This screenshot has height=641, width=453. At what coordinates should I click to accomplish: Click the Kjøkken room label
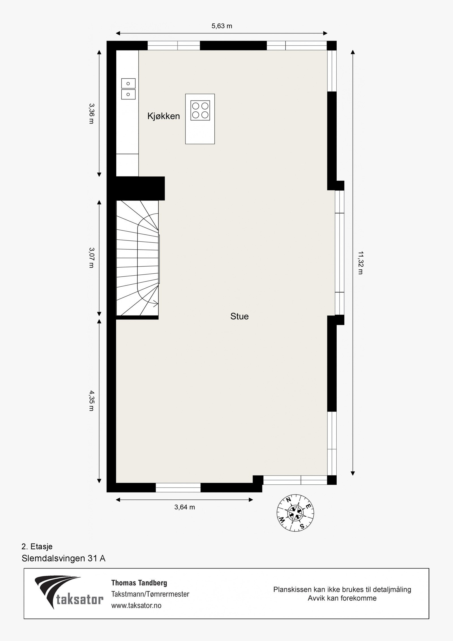[163, 116]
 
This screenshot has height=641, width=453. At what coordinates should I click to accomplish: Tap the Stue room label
[239, 316]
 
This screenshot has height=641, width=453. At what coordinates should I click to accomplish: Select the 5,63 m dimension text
[222, 26]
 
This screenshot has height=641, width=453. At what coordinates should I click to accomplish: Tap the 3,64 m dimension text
[185, 507]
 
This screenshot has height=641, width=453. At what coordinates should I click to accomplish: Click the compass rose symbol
[295, 512]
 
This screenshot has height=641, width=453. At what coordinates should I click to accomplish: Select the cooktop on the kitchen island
[200, 110]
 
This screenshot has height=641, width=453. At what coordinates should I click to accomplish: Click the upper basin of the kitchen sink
[128, 84]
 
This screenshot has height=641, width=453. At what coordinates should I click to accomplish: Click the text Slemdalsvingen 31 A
[63, 558]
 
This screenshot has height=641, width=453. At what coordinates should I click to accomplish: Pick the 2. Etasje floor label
[37, 546]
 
